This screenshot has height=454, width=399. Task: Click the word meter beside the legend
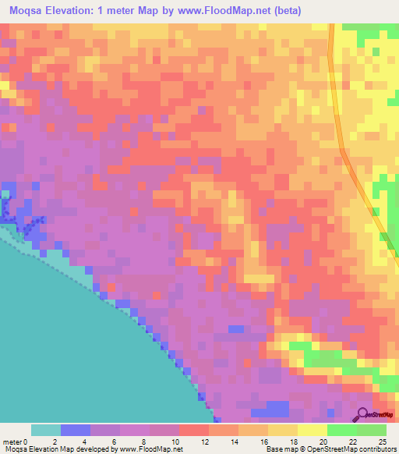click(11, 442)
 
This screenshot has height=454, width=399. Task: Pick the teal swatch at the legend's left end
click(45, 430)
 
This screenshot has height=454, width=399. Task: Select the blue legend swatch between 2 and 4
click(75, 430)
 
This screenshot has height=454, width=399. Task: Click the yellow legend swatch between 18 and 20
click(312, 430)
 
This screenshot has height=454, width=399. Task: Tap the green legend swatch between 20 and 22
click(342, 430)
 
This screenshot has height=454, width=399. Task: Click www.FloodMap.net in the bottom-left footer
click(148, 450)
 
